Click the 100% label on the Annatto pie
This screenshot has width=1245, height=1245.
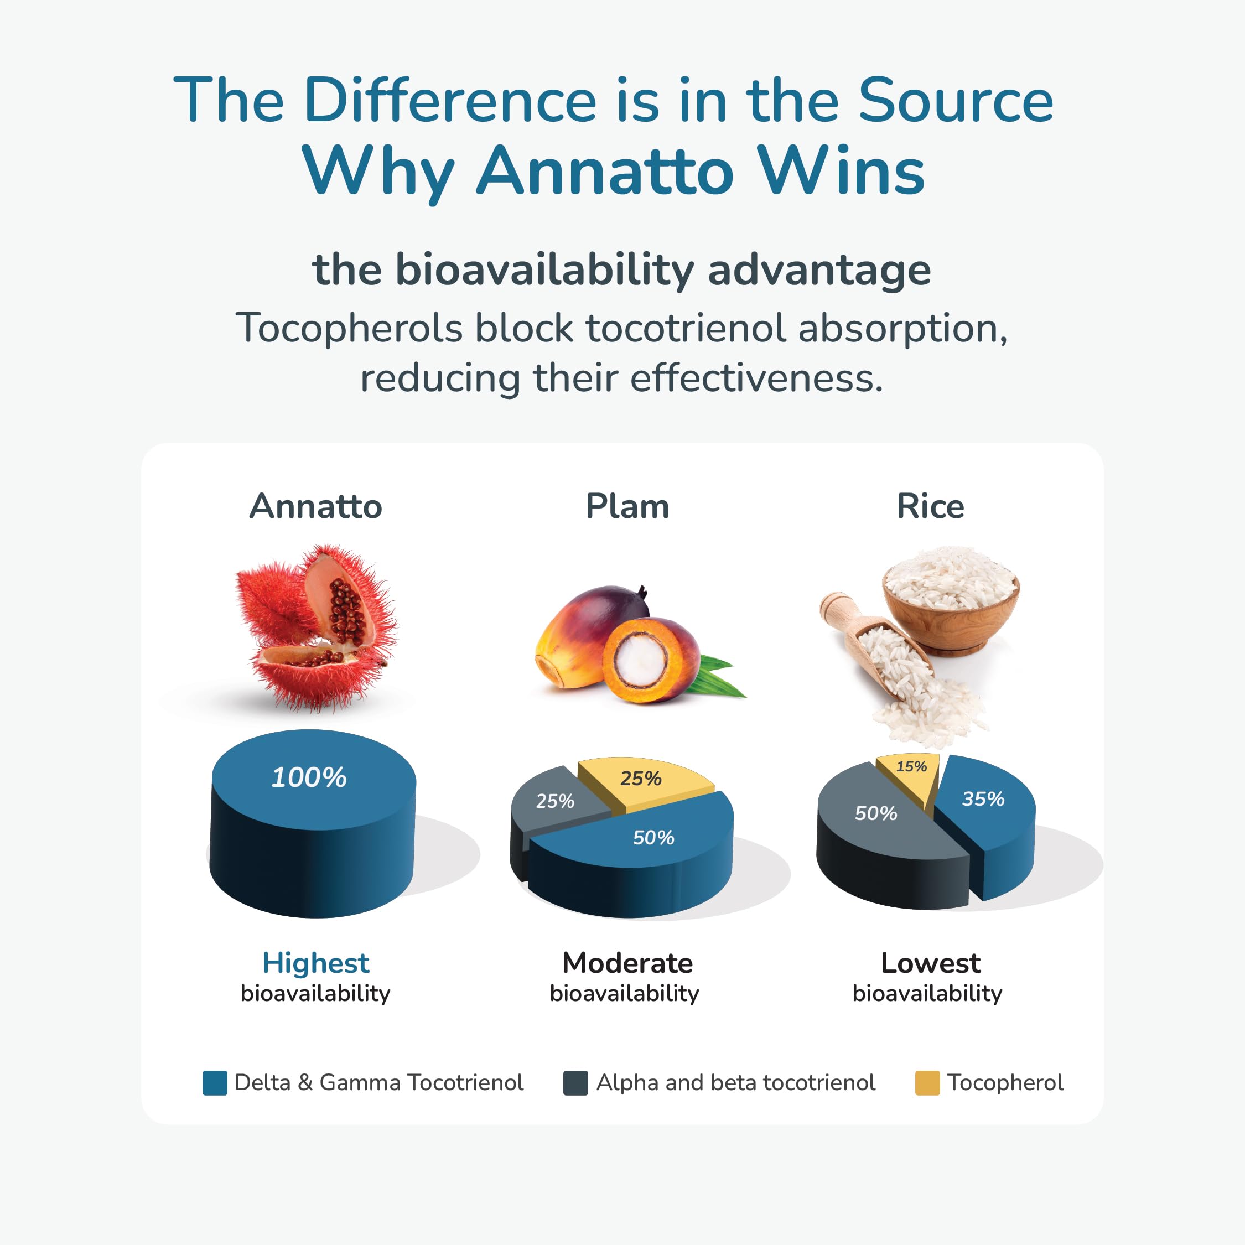click(x=309, y=777)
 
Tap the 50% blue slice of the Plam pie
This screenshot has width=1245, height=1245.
click(x=653, y=837)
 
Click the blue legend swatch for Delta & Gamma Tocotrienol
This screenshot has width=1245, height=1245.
click(x=215, y=1083)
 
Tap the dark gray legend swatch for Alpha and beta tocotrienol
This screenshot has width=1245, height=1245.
click(x=575, y=1083)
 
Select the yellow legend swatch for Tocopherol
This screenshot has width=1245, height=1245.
click(x=927, y=1083)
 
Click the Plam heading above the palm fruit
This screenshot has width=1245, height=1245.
click(x=627, y=506)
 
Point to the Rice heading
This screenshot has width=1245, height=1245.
click(x=930, y=506)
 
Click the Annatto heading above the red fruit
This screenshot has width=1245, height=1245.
click(x=316, y=506)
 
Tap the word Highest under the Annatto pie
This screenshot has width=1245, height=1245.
click(x=316, y=963)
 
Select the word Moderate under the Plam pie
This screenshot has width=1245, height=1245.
click(x=627, y=963)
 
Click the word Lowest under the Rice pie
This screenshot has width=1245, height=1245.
click(x=930, y=963)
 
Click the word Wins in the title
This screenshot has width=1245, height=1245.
click(x=841, y=171)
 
